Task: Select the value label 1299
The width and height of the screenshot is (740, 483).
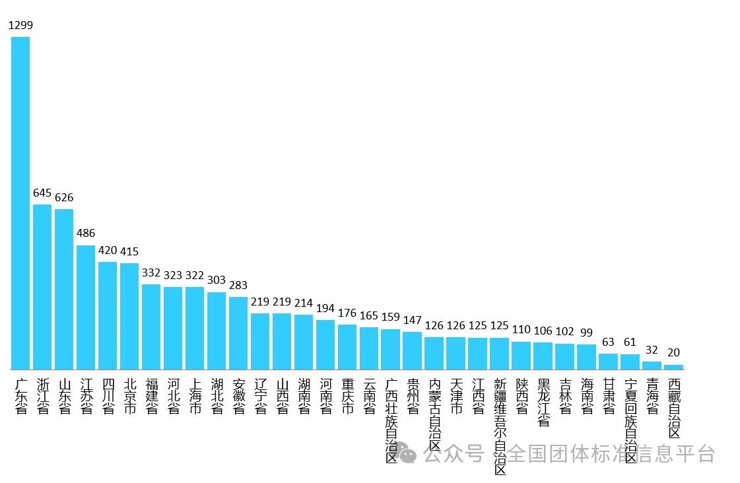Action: pyautogui.click(x=20, y=25)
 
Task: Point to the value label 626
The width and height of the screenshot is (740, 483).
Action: pyautogui.click(x=64, y=197)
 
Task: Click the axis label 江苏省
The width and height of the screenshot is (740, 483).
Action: pyautogui.click(x=86, y=396)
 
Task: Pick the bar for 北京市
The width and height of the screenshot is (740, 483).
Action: pyautogui.click(x=129, y=316)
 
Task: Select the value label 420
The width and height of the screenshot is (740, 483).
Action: pyautogui.click(x=108, y=251)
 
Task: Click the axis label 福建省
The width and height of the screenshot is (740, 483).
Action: pyautogui.click(x=151, y=396)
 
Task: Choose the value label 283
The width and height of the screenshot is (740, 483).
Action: pyautogui.click(x=238, y=285)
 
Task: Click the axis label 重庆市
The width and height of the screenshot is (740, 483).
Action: pyautogui.click(x=347, y=396)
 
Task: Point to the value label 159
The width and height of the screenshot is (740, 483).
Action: pyautogui.click(x=391, y=317)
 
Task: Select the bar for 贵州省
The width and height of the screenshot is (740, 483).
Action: pyautogui.click(x=412, y=350)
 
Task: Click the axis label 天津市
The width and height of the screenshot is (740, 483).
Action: pyautogui.click(x=456, y=396)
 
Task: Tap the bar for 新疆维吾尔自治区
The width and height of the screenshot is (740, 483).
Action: pyautogui.click(x=500, y=354)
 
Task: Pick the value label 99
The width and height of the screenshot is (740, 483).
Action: pyautogui.click(x=587, y=332)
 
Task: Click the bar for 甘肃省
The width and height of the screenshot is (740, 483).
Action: pyautogui.click(x=609, y=362)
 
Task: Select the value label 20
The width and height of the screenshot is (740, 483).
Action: pyautogui.click(x=674, y=352)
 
